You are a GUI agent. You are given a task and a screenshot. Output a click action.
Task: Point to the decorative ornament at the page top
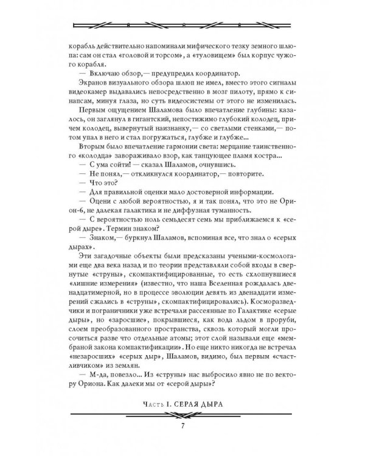[182, 25]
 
